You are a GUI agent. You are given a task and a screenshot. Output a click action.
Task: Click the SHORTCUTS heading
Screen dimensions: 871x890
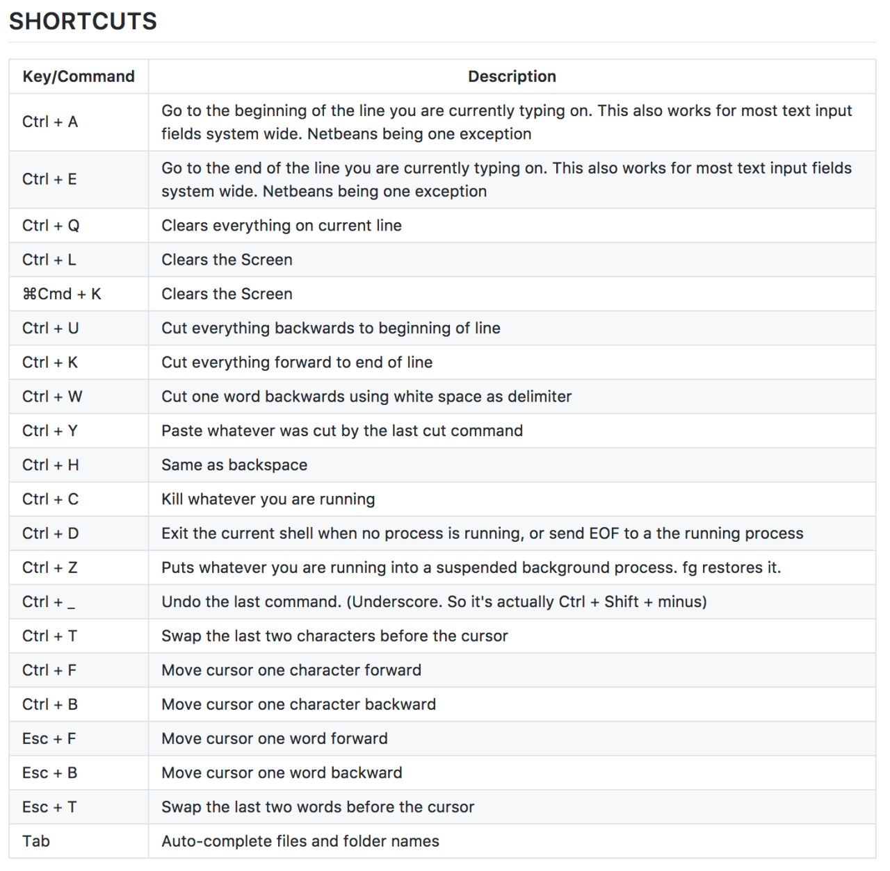click(x=83, y=22)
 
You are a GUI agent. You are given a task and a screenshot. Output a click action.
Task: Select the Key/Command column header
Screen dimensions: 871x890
click(x=79, y=76)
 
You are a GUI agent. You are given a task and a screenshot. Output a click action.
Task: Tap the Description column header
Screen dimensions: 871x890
click(x=512, y=76)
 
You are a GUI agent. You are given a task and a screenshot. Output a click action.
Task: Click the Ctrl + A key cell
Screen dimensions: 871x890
click(x=50, y=122)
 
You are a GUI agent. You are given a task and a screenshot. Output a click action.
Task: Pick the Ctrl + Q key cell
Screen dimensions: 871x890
click(x=51, y=226)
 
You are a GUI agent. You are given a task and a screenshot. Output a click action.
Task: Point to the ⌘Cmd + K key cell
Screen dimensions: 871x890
click(x=62, y=295)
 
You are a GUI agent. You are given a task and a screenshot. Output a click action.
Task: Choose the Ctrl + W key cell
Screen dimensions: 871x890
click(x=52, y=397)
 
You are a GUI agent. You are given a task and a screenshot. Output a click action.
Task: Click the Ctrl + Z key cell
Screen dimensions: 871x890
click(x=50, y=567)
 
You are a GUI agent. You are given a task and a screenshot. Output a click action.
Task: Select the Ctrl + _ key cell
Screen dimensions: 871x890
click(x=49, y=602)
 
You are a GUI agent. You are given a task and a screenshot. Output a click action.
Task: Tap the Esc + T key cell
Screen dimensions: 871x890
click(x=49, y=807)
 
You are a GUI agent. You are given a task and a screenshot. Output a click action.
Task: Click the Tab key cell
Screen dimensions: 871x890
click(x=36, y=841)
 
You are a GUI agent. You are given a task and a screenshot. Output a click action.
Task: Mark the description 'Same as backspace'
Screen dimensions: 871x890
click(x=234, y=465)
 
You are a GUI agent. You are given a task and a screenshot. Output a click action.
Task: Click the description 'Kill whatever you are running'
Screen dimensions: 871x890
click(x=268, y=499)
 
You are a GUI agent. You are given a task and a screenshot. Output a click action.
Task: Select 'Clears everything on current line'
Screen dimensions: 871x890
click(x=282, y=226)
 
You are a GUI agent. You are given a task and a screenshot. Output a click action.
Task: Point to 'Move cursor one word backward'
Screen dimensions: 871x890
click(x=282, y=773)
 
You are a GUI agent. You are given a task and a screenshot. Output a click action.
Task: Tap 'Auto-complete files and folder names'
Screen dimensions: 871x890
click(x=300, y=841)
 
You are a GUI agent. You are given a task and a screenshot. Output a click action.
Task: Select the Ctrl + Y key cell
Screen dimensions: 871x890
click(x=50, y=431)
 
